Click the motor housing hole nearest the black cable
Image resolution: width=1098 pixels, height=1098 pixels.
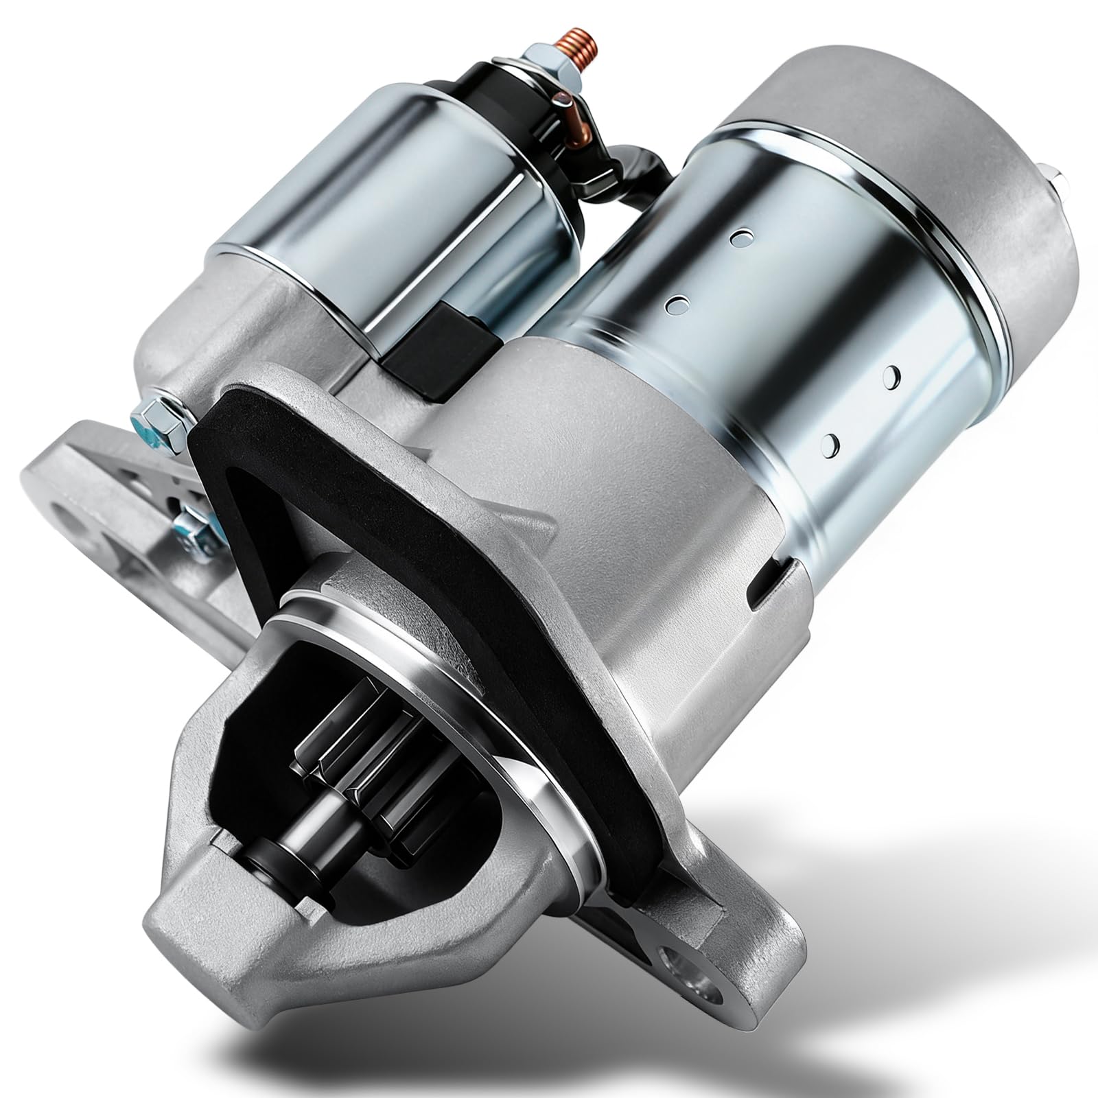(738, 237)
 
